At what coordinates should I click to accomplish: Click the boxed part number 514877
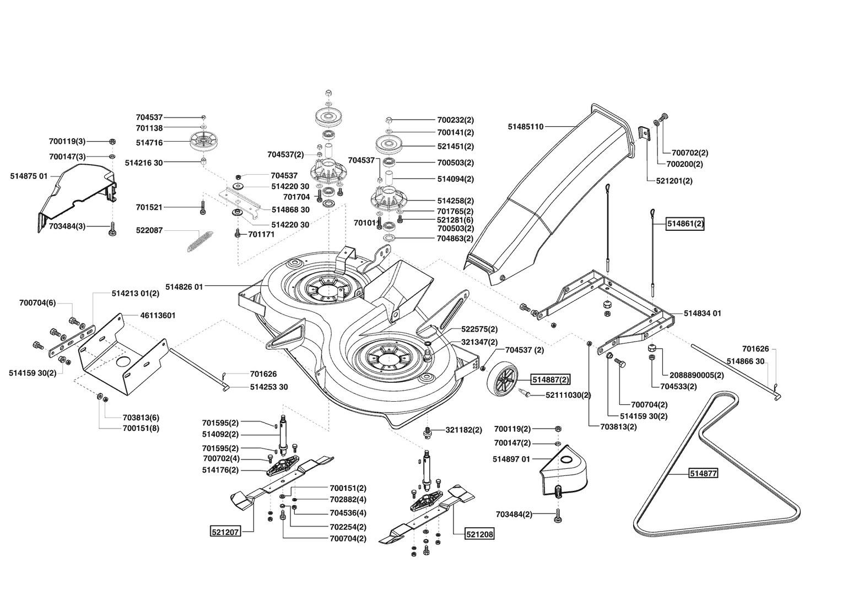(703, 473)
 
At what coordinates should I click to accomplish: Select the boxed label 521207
(225, 532)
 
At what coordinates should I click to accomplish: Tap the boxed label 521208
(479, 534)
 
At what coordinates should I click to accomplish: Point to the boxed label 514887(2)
(550, 380)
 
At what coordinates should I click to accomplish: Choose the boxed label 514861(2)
(686, 224)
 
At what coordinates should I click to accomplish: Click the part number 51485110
(526, 127)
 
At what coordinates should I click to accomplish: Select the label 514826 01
(184, 287)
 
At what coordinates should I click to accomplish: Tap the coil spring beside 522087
(200, 241)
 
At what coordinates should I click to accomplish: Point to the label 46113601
(158, 315)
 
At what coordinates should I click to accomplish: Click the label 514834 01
(702, 313)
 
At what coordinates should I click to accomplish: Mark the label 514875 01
(29, 176)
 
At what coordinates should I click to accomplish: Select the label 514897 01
(511, 459)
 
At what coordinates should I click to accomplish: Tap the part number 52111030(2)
(568, 395)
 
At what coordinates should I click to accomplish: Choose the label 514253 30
(269, 387)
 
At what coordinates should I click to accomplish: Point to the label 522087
(149, 230)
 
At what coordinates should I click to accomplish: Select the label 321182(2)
(463, 430)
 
